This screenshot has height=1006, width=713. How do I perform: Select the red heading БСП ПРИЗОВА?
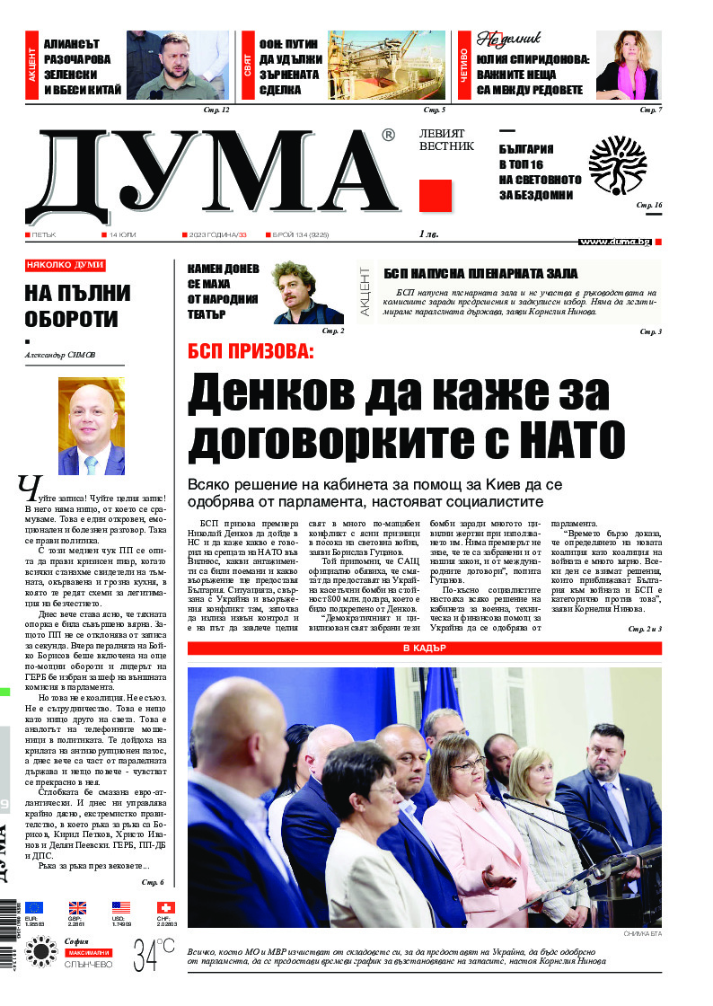pyautogui.click(x=251, y=351)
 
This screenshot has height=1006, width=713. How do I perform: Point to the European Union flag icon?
pyautogui.click(x=34, y=907)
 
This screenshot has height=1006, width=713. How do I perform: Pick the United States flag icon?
pyautogui.click(x=121, y=907)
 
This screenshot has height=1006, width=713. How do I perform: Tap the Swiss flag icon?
pyautogui.click(x=166, y=907)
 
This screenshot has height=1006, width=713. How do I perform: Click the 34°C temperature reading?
pyautogui.click(x=154, y=955)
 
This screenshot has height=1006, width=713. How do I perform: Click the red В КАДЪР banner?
pyautogui.click(x=424, y=648)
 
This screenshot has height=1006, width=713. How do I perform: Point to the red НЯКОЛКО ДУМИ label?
pyautogui.click(x=65, y=265)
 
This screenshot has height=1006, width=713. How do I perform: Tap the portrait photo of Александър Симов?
pyautogui.click(x=92, y=426)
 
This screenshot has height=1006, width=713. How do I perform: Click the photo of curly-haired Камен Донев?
pyautogui.click(x=308, y=292)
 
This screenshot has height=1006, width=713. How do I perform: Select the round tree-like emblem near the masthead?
pyautogui.click(x=617, y=166)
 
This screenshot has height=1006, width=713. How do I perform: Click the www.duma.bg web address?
pyautogui.click(x=614, y=242)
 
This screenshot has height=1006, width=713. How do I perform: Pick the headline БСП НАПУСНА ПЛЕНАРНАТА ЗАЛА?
pyautogui.click(x=480, y=274)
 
